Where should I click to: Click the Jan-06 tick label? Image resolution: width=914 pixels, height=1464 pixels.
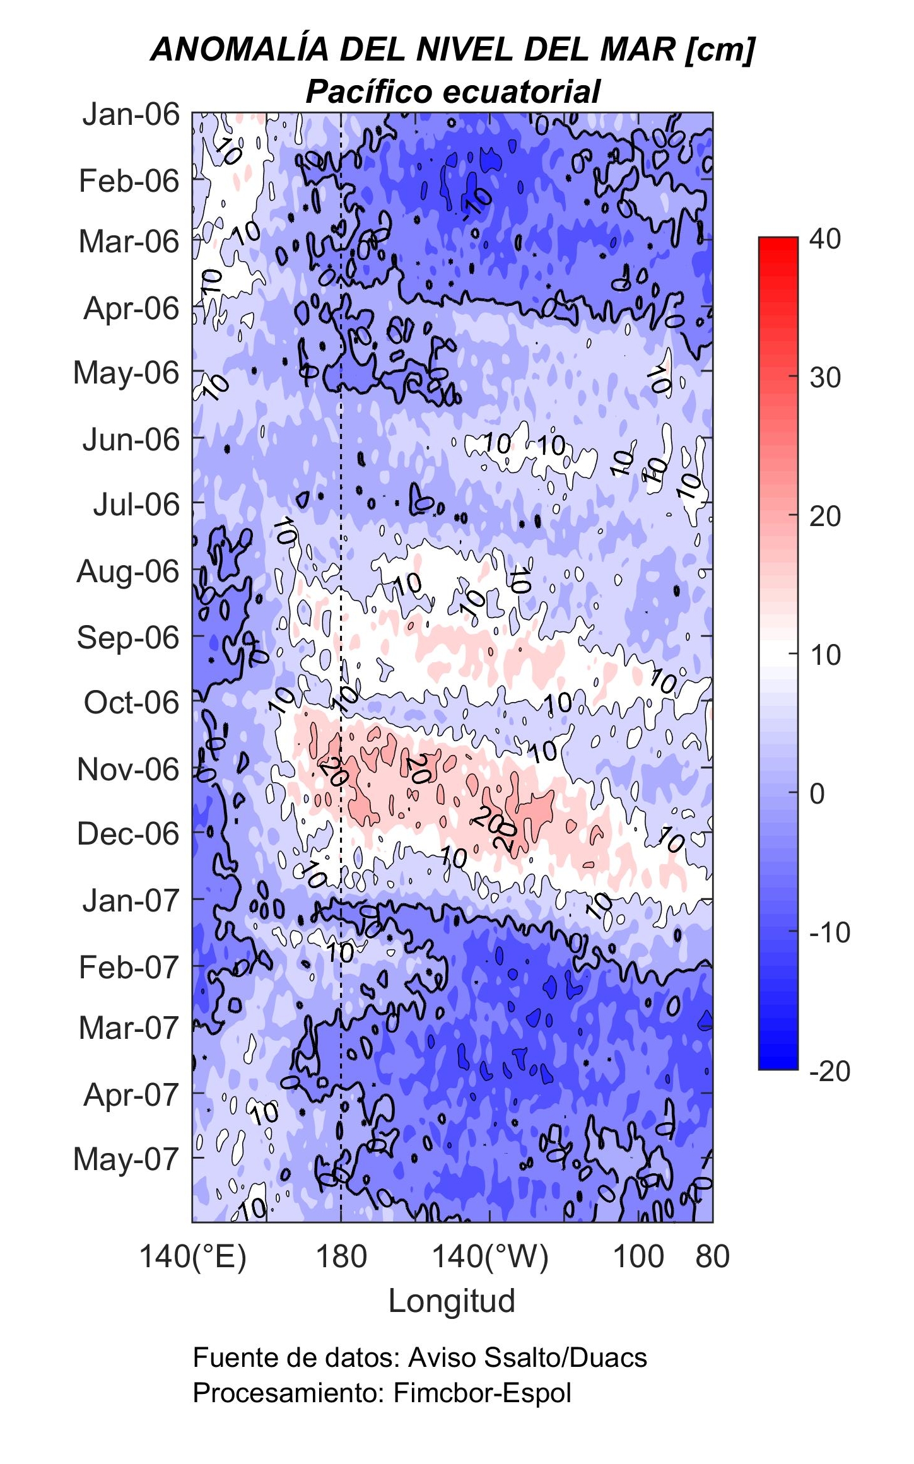coord(131,115)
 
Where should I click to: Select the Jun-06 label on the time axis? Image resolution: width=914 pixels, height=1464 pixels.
coord(131,440)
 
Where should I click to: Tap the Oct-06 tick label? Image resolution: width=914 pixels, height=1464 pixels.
coord(131,703)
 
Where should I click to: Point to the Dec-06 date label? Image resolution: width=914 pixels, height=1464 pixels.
coord(128,834)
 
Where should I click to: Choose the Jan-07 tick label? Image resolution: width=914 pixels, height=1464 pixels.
coord(131,900)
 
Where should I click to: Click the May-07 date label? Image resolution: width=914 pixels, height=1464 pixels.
coord(126,1159)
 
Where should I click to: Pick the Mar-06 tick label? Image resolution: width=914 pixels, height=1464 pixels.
coord(129,242)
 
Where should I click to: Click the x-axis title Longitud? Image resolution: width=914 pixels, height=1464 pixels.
coord(452,1301)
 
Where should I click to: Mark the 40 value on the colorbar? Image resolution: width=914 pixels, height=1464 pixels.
coord(825,239)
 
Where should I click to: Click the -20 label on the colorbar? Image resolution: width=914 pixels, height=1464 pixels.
coord(829,1071)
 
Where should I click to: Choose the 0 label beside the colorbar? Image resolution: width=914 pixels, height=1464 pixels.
coord(817,794)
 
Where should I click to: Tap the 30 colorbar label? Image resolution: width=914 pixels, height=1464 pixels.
coord(825,378)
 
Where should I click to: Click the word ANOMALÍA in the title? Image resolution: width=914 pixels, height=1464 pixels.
coord(240,50)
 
